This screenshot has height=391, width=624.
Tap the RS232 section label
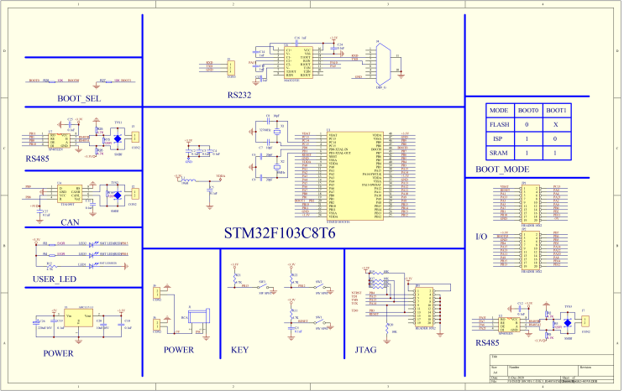pyautogui.click(x=239, y=96)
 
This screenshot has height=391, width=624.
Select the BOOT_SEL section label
pyautogui.click(x=79, y=99)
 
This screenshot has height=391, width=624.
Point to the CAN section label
pyautogui.click(x=70, y=222)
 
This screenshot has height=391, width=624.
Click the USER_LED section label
pyautogui.click(x=55, y=279)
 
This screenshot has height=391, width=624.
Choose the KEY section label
pyautogui.click(x=239, y=350)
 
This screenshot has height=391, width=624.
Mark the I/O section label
pyautogui.click(x=481, y=237)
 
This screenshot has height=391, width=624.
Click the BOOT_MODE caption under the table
pyautogui.click(x=502, y=169)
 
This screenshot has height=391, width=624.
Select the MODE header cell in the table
pyautogui.click(x=499, y=110)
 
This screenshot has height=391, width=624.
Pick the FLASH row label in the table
pyautogui.click(x=499, y=125)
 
